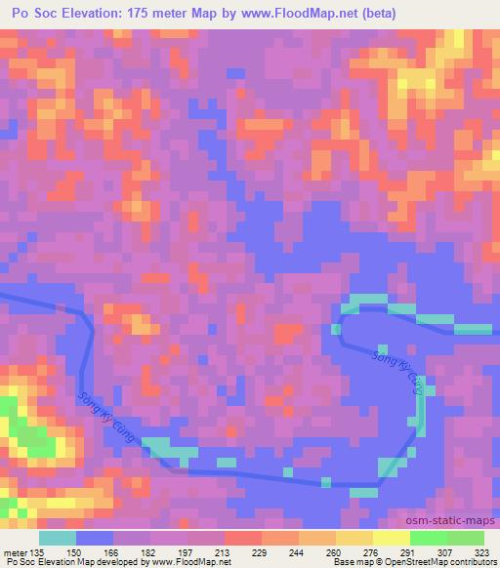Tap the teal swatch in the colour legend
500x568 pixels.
[57, 538]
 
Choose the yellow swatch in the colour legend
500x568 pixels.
[391, 538]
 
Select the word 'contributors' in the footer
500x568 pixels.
[472, 562]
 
